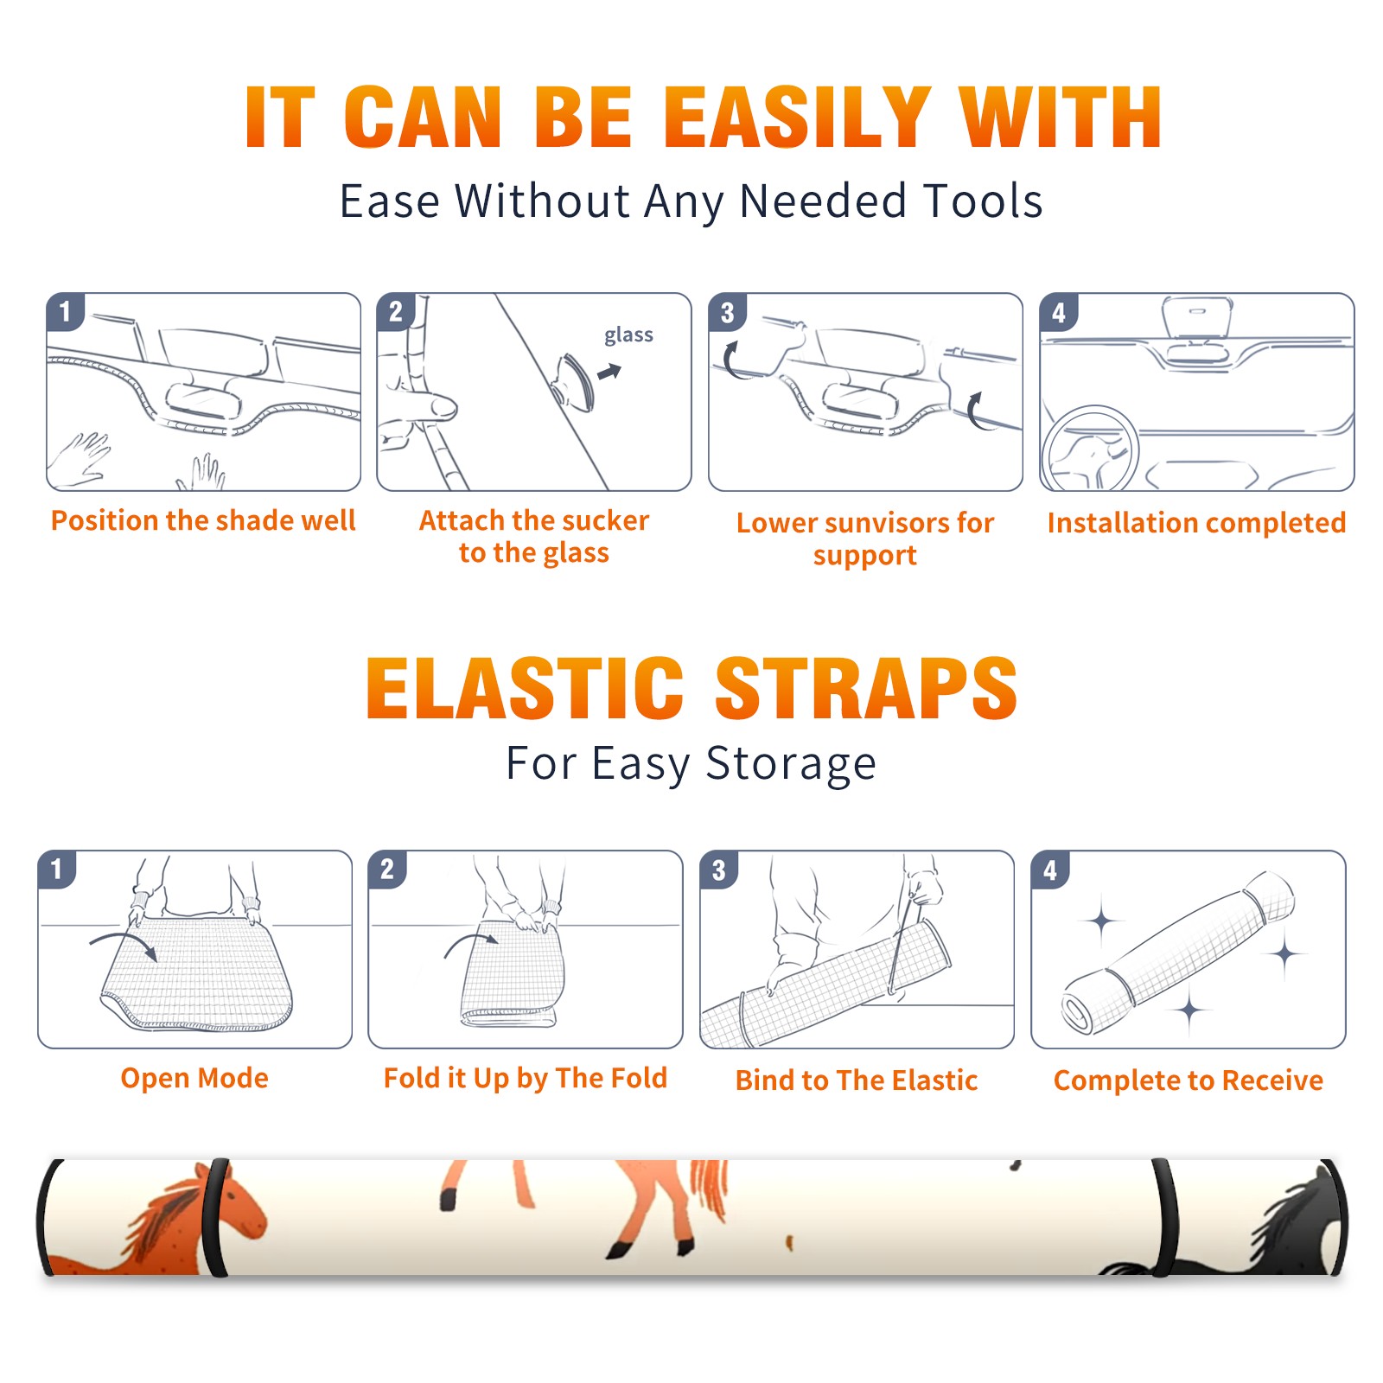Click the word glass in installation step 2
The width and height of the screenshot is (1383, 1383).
pos(628,335)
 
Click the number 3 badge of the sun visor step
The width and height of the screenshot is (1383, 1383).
pos(727,313)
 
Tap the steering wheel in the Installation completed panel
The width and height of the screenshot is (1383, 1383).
pos(1090,448)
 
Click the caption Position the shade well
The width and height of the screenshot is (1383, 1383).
pos(203,520)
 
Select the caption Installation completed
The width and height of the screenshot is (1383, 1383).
pos(1196,523)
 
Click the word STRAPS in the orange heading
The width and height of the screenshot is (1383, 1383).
pos(866,688)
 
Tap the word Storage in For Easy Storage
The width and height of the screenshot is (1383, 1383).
pos(791,764)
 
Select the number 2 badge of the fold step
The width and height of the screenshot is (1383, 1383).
pos(387,870)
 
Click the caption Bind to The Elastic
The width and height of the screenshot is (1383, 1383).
pos(856,1080)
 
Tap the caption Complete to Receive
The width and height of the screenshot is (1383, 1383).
pos(1189,1080)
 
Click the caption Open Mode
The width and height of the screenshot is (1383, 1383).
pos(194,1078)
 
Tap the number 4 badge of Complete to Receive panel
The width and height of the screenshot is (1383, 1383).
pos(1050,870)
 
